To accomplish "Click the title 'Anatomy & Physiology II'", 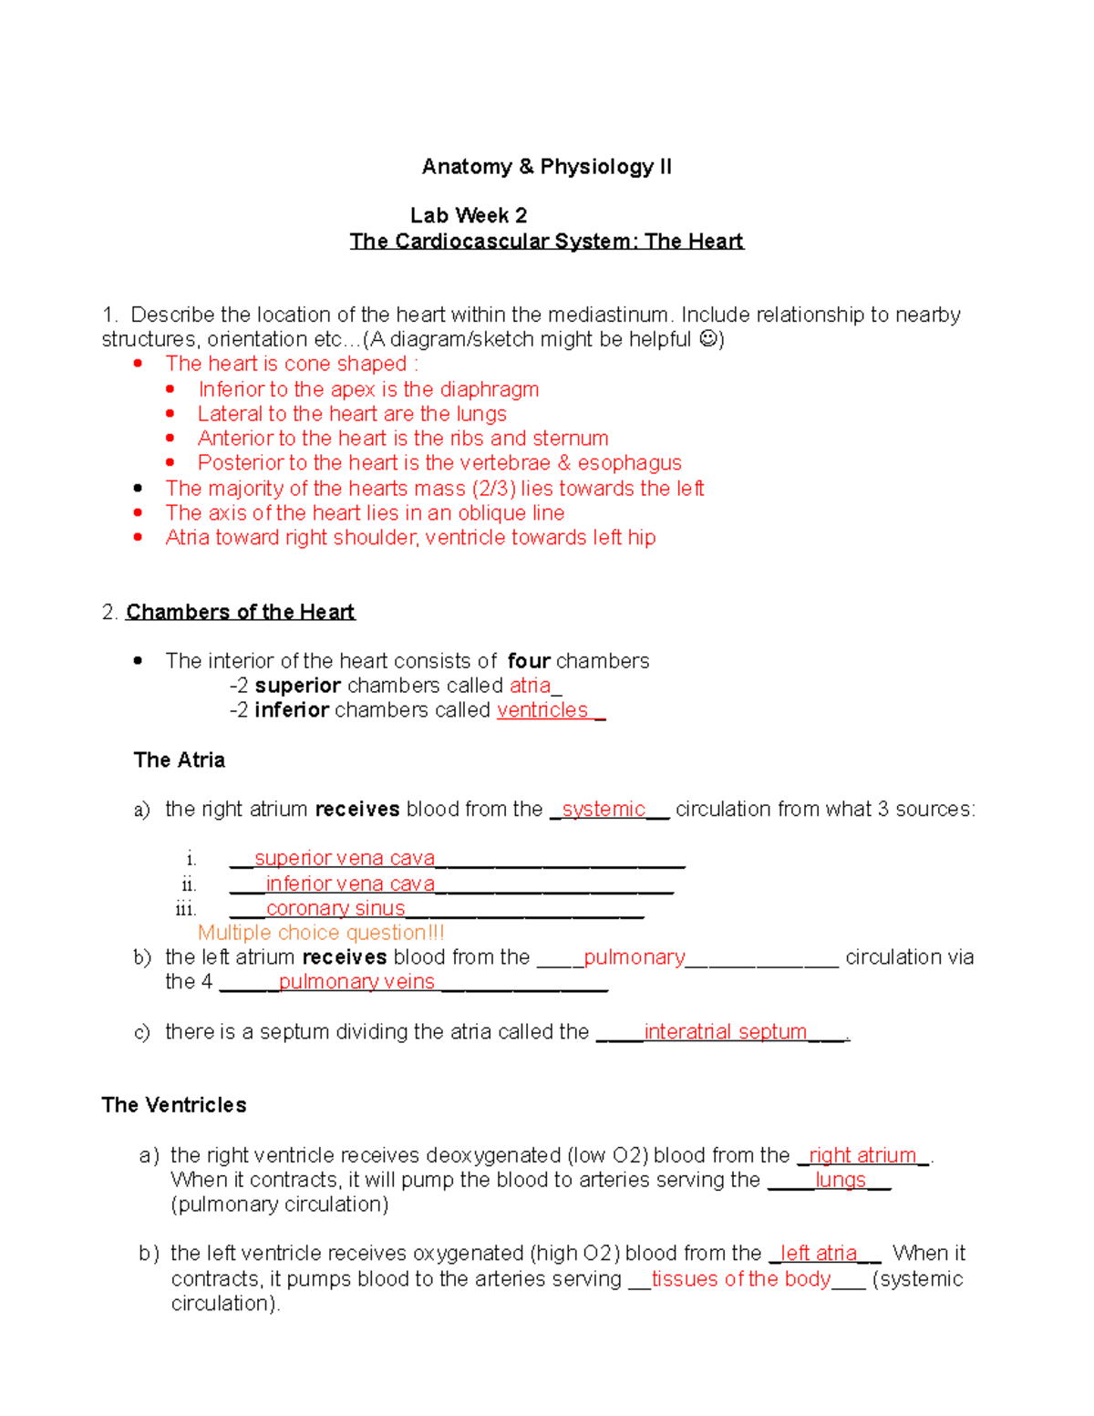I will (x=546, y=167).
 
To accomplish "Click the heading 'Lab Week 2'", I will (x=469, y=216).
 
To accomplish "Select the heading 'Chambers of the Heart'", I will (x=240, y=612).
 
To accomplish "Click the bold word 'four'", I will (x=529, y=661).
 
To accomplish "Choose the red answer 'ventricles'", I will (x=542, y=710).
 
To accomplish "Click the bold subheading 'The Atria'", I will (x=179, y=760).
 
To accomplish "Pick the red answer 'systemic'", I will (x=604, y=810).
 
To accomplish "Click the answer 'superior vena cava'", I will (x=345, y=859).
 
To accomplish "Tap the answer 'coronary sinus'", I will (x=335, y=909).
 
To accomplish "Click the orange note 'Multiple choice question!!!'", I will (x=321, y=933).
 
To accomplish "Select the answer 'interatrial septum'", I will (x=725, y=1032).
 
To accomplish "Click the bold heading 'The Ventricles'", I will (x=174, y=1105).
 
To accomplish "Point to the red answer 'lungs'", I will (x=840, y=1181).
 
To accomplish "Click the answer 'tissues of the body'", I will (x=740, y=1279).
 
